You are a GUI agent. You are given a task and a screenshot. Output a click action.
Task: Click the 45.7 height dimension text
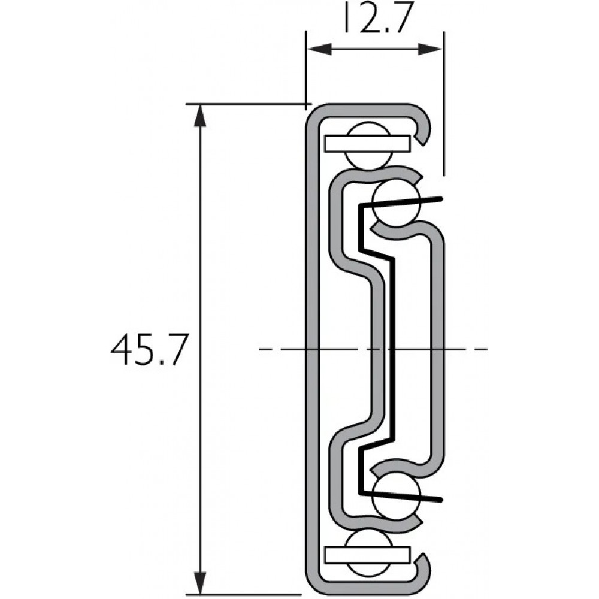pos(149,350)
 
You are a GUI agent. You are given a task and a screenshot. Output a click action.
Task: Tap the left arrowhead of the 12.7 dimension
pos(319,49)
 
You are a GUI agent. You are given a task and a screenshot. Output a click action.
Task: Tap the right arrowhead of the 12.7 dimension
pos(430,49)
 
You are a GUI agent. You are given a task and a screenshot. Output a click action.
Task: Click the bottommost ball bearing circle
pos(368,553)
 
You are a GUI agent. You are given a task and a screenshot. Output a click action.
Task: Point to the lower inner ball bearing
pos(397,495)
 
